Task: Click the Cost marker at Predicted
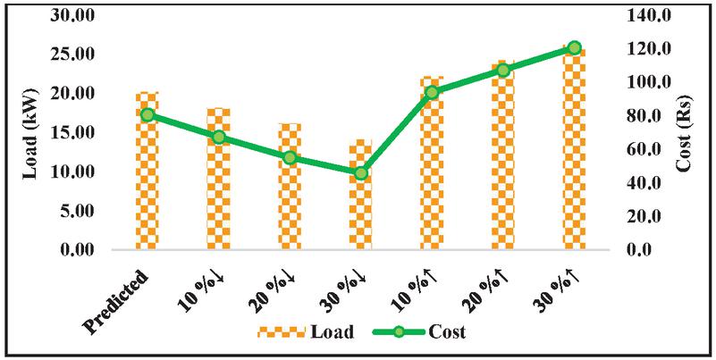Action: (x=147, y=114)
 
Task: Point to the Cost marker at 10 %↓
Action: (x=219, y=137)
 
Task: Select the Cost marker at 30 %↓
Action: (x=360, y=173)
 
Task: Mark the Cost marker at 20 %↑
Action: (x=503, y=70)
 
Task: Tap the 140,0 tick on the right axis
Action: (x=636, y=15)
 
